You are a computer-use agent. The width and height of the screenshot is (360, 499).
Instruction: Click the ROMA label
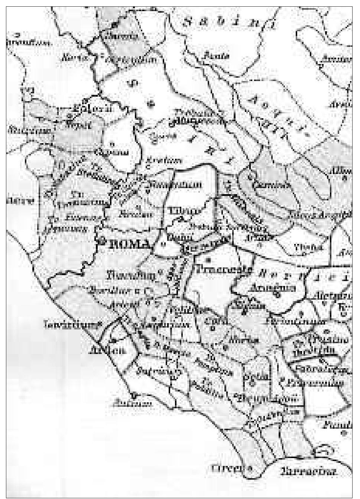130,244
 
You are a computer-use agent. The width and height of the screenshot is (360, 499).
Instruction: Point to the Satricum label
160,371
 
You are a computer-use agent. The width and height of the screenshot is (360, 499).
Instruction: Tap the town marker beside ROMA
100,241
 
